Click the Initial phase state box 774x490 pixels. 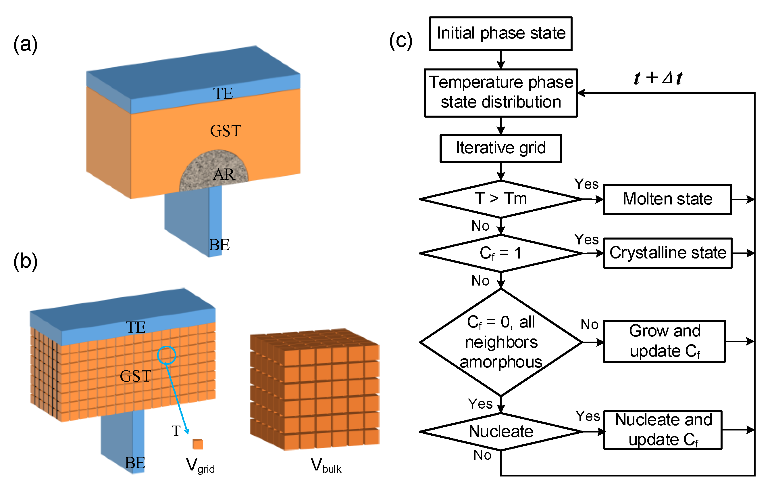click(x=500, y=33)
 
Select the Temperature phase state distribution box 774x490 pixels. click(x=500, y=93)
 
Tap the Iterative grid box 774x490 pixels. click(x=500, y=148)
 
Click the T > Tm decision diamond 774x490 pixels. click(x=500, y=199)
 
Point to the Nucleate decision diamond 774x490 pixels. click(x=500, y=431)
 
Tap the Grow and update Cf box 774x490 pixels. click(x=664, y=341)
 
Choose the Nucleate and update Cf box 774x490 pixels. click(x=663, y=430)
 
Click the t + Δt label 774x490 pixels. click(x=658, y=78)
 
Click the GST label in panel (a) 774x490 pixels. click(x=225, y=131)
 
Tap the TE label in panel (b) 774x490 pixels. click(x=136, y=328)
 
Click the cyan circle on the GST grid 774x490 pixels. click(x=167, y=355)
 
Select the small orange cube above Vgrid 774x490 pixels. click(x=197, y=444)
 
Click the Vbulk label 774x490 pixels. click(x=326, y=466)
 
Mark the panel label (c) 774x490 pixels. click(x=401, y=41)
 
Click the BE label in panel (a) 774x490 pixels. click(x=219, y=245)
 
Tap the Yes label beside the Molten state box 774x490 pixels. click(x=586, y=184)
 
